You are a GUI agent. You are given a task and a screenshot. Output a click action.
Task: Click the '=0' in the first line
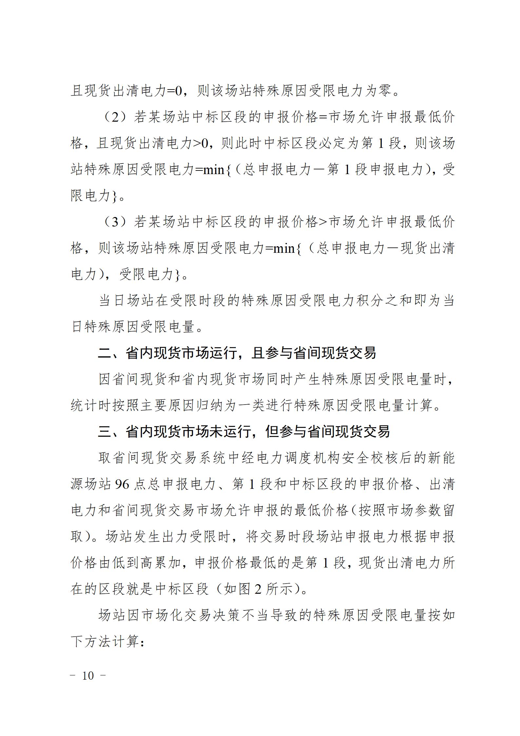click(x=174, y=90)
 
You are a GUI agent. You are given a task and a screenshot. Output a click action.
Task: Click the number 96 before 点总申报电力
click(x=122, y=484)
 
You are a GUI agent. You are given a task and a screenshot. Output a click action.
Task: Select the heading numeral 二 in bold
click(x=105, y=353)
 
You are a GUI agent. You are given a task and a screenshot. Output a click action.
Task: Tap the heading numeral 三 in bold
click(x=105, y=432)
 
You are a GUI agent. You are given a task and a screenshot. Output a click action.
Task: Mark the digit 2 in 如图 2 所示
click(x=258, y=589)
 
